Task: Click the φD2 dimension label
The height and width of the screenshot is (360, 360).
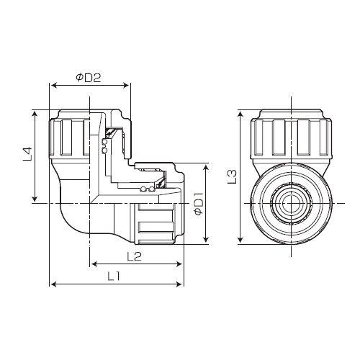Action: (x=89, y=78)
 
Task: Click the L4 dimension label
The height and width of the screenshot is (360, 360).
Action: (x=27, y=153)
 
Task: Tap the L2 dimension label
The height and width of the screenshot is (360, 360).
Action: (x=135, y=256)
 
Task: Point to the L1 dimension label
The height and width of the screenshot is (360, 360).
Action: (x=114, y=277)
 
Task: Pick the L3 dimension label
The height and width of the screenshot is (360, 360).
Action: (x=232, y=176)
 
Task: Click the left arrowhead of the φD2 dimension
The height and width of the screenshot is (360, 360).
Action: (x=55, y=86)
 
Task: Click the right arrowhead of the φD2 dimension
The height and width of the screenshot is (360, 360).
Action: (x=126, y=86)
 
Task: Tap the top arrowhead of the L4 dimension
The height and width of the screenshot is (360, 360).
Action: (x=35, y=114)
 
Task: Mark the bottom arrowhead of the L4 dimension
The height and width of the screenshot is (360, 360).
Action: (x=35, y=198)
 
